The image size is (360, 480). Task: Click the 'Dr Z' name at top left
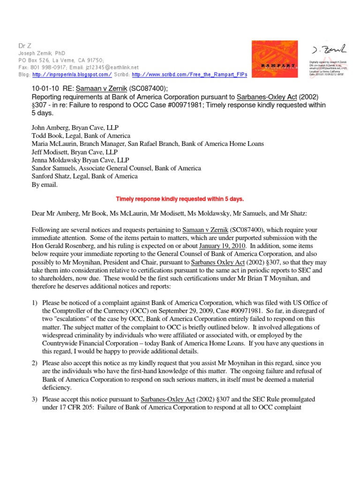(x=23, y=45)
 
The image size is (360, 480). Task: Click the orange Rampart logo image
(x=274, y=58)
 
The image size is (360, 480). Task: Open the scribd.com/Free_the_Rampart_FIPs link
(x=189, y=75)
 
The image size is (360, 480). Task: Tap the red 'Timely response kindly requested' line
(x=180, y=199)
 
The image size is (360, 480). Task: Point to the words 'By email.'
(x=45, y=185)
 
